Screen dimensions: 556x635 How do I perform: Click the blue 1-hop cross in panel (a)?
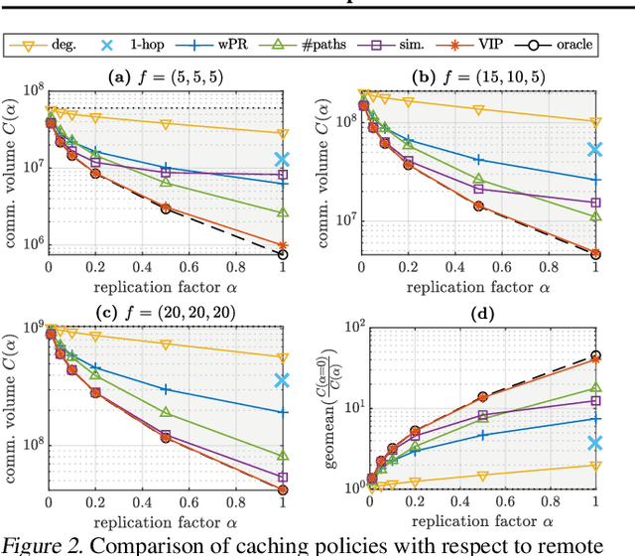283,159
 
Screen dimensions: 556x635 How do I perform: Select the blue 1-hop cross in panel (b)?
596,150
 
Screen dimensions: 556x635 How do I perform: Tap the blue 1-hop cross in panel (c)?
283,380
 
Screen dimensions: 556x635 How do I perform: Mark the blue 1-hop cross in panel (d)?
596,444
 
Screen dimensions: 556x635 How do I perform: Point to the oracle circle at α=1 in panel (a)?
283,254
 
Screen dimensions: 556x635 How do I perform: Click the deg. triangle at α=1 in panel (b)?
596,122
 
